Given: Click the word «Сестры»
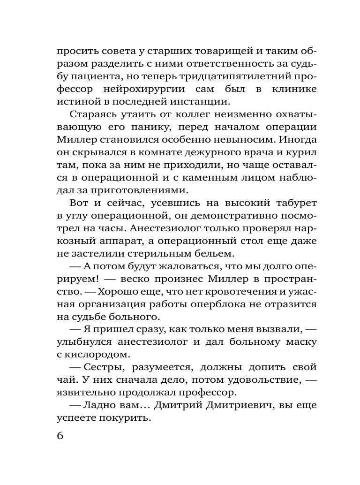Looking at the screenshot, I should pos(100,368).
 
